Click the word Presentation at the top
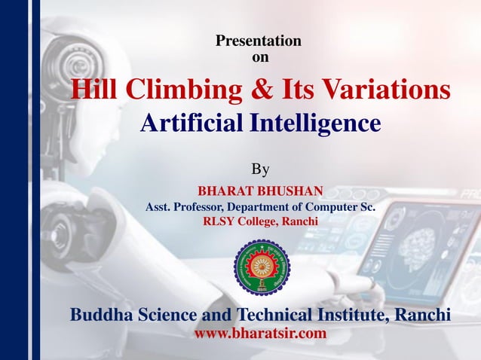point(259,41)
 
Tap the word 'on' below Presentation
point(259,56)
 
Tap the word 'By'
point(259,167)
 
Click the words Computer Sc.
point(342,206)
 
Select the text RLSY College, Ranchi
point(260,221)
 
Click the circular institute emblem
point(262,267)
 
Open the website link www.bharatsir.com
point(260,332)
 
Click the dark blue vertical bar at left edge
point(13,180)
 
